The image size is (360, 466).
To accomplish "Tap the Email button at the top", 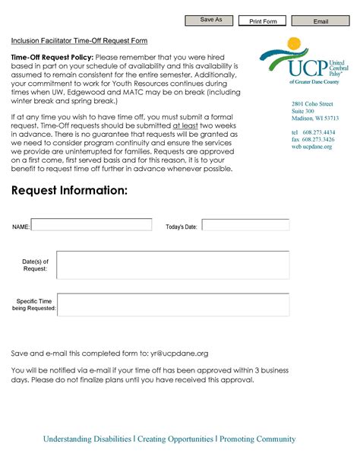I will point(321,21).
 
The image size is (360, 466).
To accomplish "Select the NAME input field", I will point(92,225).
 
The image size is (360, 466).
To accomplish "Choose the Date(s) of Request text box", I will point(173,265).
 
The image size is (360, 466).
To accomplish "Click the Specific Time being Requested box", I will point(173,306).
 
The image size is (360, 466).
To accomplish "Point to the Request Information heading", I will point(69,190).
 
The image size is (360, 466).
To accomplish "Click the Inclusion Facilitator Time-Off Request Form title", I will point(79,40).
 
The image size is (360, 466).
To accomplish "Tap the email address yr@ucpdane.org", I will point(179,353).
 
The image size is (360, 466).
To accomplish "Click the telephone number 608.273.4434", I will point(318,132).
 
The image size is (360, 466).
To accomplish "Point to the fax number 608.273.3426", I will point(318,139).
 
